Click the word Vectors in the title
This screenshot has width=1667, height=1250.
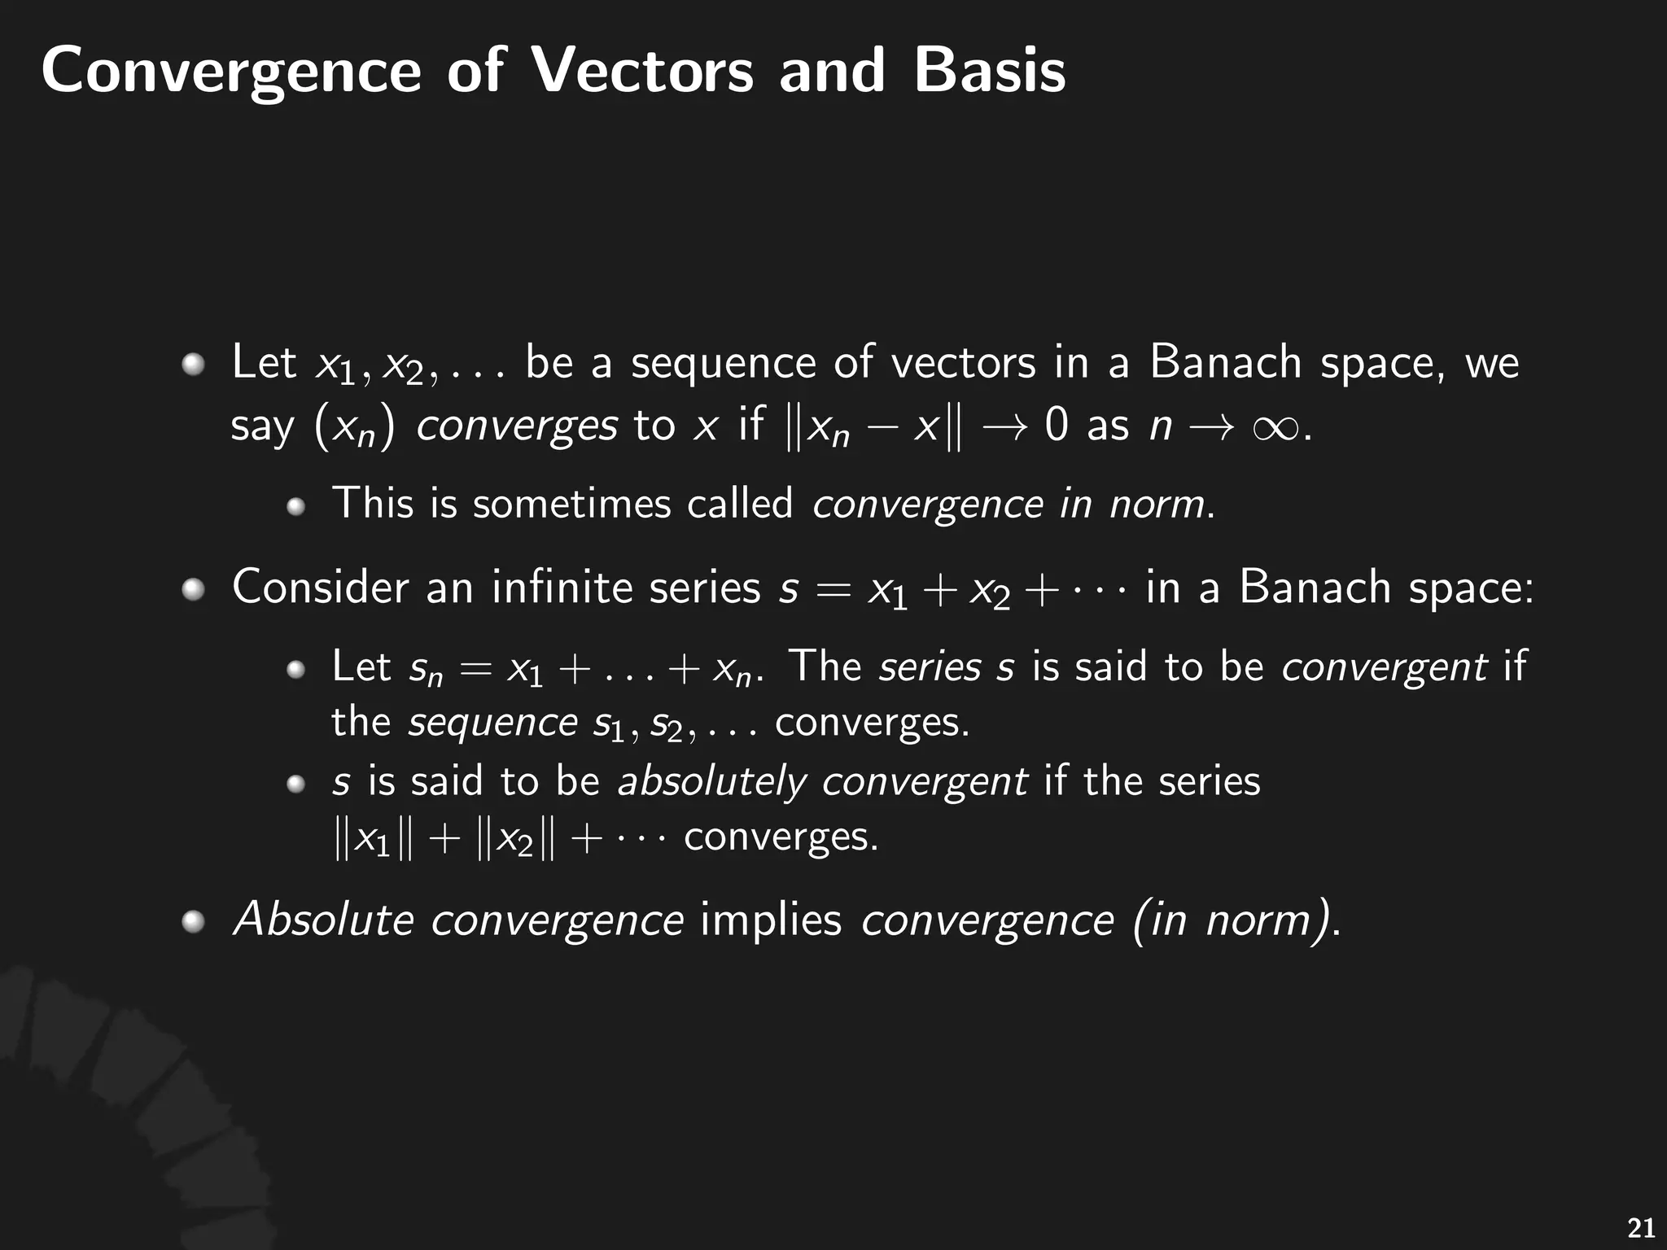pos(642,70)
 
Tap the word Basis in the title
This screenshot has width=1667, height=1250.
pos(988,70)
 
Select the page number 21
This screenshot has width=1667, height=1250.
pos(1640,1227)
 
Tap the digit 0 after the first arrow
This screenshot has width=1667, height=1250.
pos(1056,425)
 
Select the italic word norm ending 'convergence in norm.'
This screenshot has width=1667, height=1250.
pos(1157,504)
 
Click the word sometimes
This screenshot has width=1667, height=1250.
pos(571,503)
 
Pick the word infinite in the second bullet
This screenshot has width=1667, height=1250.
pos(561,587)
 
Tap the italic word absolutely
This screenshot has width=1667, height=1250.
pos(711,782)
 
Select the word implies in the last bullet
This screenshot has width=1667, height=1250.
pos(770,920)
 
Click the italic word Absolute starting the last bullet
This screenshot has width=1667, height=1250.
pos(323,920)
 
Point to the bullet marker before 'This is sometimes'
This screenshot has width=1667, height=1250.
pos(295,507)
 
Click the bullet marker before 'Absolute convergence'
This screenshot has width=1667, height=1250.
pos(193,922)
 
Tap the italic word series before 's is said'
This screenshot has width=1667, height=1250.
pos(930,667)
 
